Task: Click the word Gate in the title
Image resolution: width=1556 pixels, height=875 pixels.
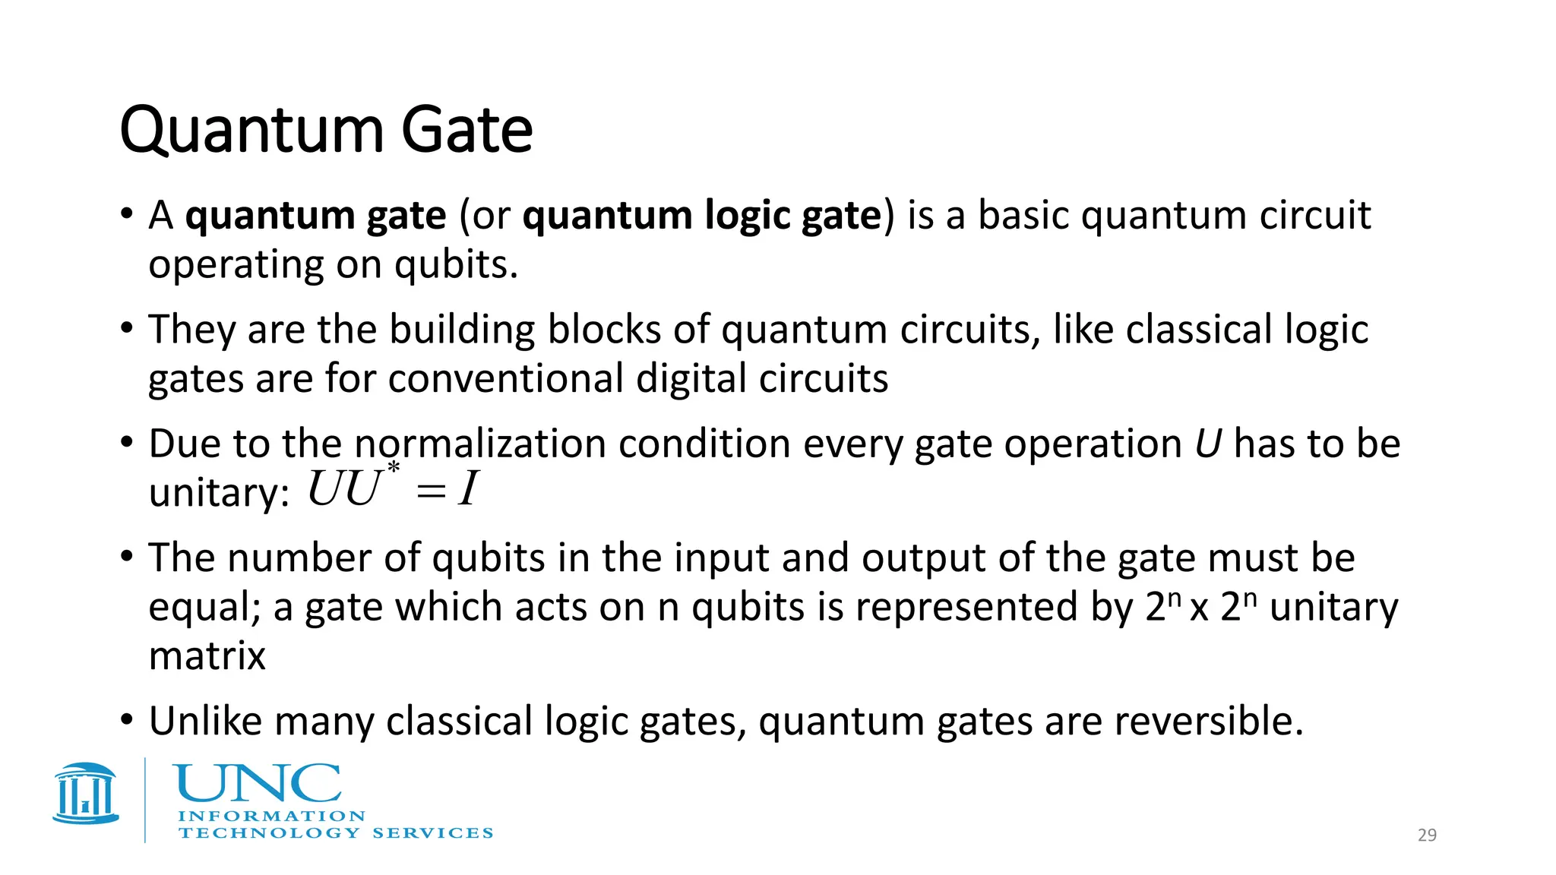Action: [x=466, y=131]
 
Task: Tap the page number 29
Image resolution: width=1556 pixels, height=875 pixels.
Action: [x=1427, y=835]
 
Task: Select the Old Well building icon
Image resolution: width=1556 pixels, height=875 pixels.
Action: [x=86, y=794]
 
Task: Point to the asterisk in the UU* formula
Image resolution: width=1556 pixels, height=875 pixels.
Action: [x=393, y=469]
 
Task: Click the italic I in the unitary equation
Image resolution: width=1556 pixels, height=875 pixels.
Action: [x=468, y=489]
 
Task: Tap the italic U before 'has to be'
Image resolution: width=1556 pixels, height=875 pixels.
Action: [x=1207, y=444]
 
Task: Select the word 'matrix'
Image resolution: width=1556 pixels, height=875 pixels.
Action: [x=207, y=655]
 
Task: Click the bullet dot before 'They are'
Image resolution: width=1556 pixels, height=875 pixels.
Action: [x=128, y=329]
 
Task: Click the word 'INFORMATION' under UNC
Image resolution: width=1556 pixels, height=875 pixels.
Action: [x=271, y=817]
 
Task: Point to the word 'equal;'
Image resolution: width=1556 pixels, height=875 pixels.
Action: [x=204, y=608]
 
